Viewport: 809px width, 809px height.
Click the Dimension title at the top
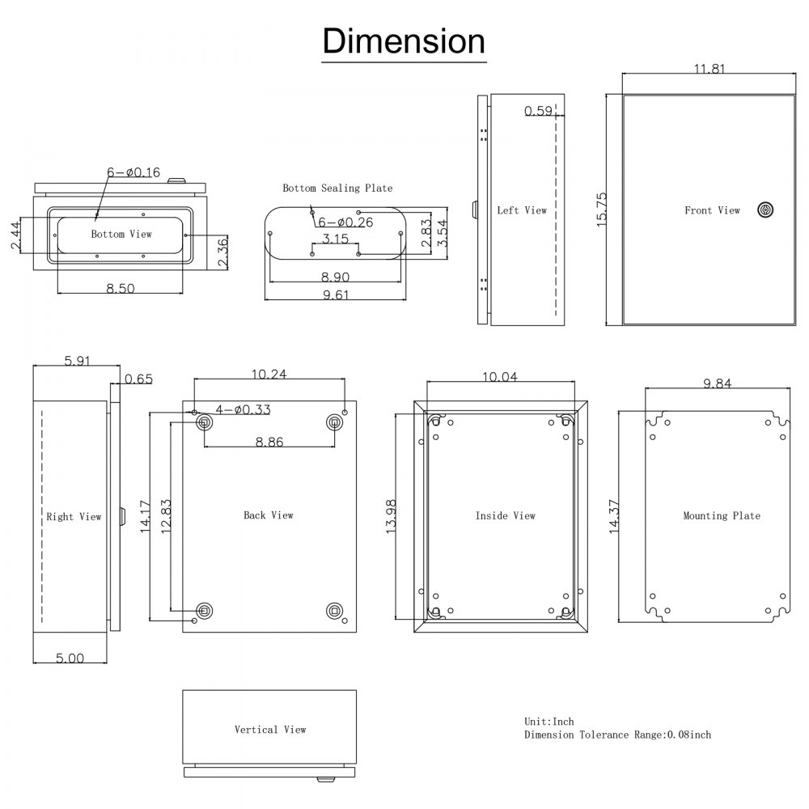404,40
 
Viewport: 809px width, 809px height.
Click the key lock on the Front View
765,210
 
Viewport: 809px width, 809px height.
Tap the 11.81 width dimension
709,69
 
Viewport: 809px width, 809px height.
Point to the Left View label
522,210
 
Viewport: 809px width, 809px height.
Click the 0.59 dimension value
538,111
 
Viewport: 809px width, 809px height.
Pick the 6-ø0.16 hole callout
133,172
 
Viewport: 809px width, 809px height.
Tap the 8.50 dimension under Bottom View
121,289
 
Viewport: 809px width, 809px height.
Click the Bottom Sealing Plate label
337,188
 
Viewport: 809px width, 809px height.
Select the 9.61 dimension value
335,295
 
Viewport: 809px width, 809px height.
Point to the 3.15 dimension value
335,239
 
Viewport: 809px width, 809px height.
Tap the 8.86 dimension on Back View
269,442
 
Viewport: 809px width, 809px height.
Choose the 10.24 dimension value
269,374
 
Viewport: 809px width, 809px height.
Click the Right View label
74,516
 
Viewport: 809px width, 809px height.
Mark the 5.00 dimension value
70,659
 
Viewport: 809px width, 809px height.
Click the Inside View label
505,515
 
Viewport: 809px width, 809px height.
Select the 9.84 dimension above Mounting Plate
717,383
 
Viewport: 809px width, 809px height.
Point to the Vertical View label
270,730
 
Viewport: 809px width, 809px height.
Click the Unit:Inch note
549,721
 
